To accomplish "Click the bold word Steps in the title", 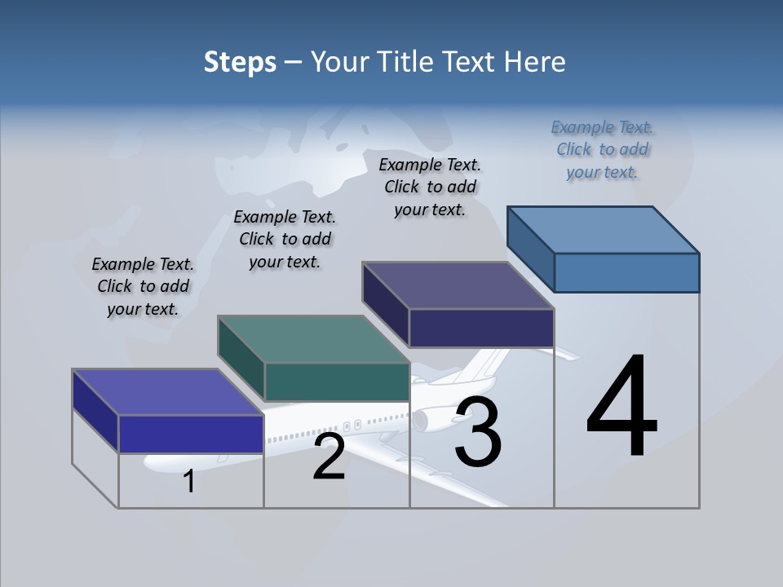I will pos(240,62).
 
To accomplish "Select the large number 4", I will pos(622,407).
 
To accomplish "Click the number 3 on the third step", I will pos(478,432).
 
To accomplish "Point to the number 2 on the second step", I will pos(329,457).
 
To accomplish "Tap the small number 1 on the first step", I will pos(189,482).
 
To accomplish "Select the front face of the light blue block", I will pos(626,272).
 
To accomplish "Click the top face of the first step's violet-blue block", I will pos(167,392).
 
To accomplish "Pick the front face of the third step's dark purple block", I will pos(481,329).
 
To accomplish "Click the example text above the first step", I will pos(143,286).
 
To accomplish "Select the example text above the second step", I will pos(285,239).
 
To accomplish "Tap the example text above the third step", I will pos(430,187).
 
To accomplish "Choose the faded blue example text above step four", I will pos(602,149).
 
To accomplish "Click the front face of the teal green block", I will pos(337,382).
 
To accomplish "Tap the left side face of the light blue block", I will pos(531,249).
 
